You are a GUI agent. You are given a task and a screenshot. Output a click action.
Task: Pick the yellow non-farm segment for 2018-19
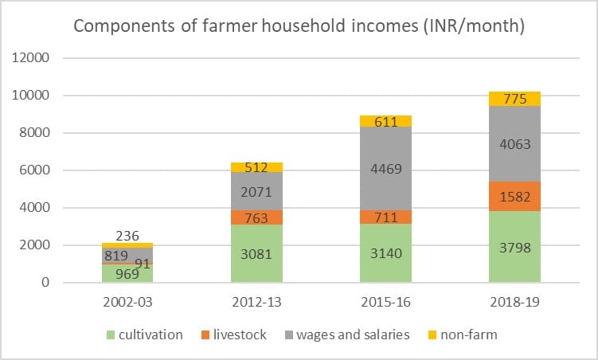(x=514, y=98)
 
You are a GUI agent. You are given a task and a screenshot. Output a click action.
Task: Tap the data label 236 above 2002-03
(x=127, y=235)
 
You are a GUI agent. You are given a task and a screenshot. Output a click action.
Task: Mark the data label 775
(x=514, y=99)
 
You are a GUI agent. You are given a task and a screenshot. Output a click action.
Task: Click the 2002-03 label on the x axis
(x=127, y=303)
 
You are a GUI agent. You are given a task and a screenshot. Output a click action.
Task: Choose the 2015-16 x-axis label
(x=385, y=303)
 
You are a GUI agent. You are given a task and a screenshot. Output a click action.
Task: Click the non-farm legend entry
(x=463, y=335)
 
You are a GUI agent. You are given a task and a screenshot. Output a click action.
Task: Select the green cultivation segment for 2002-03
(x=127, y=273)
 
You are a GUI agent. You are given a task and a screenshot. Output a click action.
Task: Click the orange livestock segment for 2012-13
(x=256, y=217)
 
